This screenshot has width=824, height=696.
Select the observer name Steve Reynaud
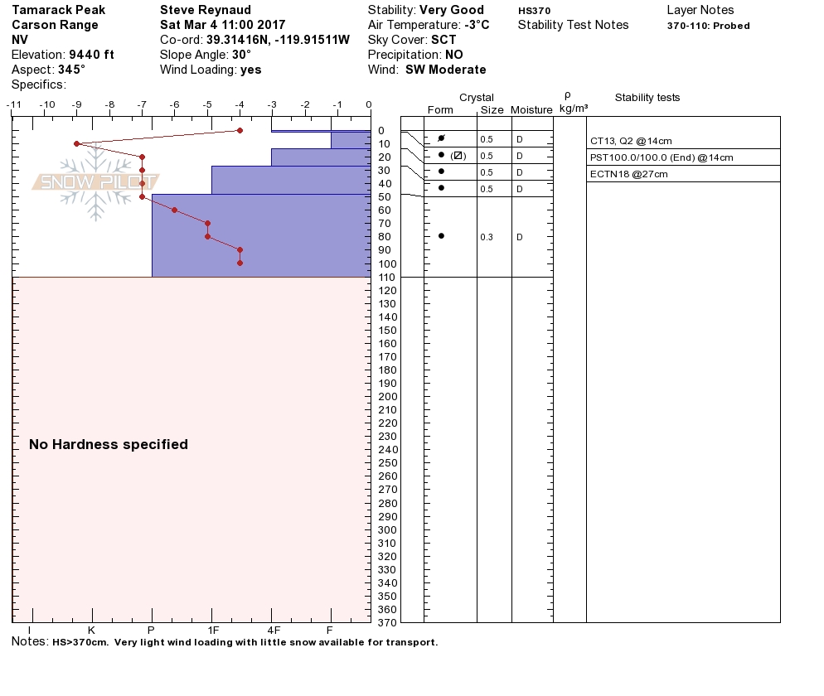coord(206,10)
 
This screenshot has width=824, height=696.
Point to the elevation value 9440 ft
coord(91,55)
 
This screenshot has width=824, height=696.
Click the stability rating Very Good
coord(452,10)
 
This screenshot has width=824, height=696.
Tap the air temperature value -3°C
coord(477,25)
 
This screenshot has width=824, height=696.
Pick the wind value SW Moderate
coord(446,70)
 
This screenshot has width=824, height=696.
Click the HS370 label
coord(534,11)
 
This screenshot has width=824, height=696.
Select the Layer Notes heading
coord(700,10)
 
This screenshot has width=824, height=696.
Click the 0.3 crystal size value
coord(487,237)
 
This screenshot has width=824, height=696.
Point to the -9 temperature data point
coord(76,143)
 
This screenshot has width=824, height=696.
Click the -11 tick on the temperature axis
coord(14,105)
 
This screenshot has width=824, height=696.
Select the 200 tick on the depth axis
coord(387,396)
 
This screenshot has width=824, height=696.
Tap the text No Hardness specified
coord(109,444)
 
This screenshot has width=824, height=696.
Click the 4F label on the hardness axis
coord(271,630)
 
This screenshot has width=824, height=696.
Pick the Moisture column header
coord(531,110)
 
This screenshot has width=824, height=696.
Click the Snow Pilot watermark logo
coord(95,182)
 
